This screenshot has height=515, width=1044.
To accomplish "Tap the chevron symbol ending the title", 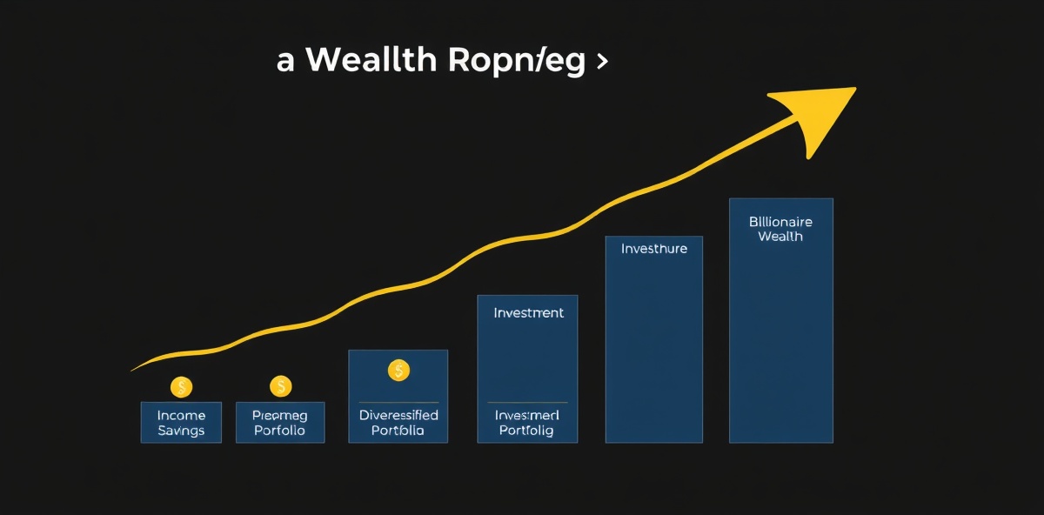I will click(x=601, y=63).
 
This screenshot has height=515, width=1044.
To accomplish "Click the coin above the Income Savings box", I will click(x=181, y=387).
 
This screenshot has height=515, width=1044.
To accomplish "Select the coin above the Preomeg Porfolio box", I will click(x=280, y=385).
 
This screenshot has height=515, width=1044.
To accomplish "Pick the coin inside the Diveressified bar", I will click(x=398, y=371).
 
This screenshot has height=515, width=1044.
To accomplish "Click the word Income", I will click(x=181, y=415).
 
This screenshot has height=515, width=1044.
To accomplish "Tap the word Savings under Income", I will click(x=181, y=431).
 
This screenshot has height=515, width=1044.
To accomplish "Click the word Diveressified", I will click(x=398, y=415).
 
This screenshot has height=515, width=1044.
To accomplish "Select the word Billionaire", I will click(x=780, y=222).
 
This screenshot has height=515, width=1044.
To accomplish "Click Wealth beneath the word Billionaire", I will click(x=780, y=237).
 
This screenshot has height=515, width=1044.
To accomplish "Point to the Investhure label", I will click(x=653, y=249).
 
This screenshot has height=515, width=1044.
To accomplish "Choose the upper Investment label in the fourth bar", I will click(x=528, y=312).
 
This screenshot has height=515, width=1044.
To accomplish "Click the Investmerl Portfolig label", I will click(x=527, y=423).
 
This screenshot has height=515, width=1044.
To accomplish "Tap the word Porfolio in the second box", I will click(x=280, y=431).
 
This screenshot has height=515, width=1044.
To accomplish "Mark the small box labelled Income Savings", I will click(x=181, y=423).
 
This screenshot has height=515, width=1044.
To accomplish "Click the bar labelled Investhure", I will click(x=653, y=348).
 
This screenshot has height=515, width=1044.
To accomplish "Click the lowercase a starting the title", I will click(x=285, y=63).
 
